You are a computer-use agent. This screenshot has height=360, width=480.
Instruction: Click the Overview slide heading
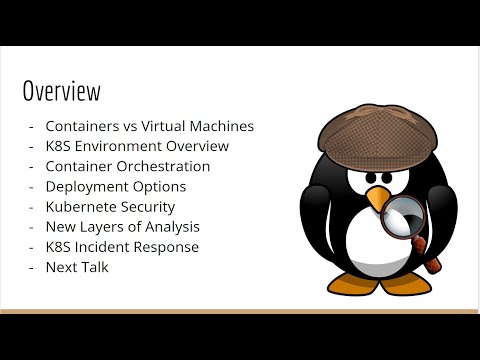coord(62,93)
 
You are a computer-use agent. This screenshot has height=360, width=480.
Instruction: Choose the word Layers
coord(108,227)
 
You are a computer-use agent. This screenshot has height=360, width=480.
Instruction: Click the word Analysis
coord(170,227)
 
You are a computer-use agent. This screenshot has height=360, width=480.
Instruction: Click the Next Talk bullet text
coord(76,267)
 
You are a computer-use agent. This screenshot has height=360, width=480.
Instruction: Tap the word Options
coord(160,186)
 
